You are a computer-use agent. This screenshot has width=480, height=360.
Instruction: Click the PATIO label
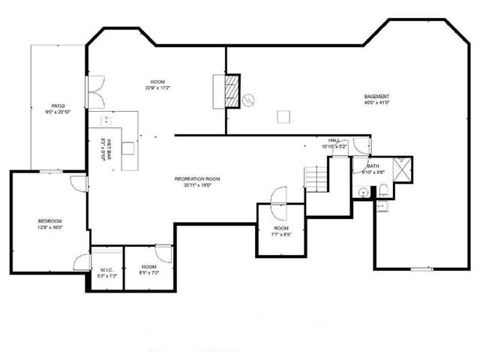57,109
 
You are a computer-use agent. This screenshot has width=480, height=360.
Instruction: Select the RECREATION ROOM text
197,181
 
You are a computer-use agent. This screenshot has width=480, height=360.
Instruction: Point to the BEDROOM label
49,223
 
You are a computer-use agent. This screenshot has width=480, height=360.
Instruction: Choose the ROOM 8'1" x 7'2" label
148,270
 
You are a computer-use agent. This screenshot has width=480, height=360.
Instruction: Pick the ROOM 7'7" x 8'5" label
281,230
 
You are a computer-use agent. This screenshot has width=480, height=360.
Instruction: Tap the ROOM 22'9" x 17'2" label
157,85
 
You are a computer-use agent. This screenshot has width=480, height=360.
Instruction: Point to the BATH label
373,168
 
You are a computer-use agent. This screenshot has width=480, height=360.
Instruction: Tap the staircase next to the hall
317,178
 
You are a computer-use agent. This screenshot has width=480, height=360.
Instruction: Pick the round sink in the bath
362,193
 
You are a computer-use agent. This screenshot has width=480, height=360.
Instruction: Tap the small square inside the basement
283,116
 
